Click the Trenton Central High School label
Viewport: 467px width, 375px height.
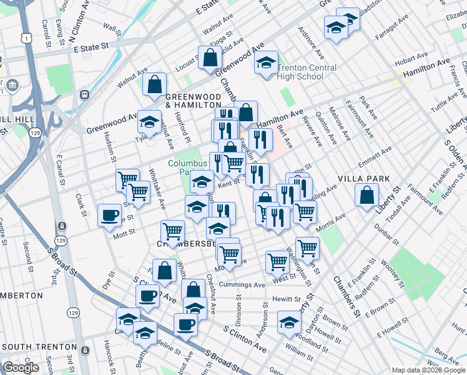coord(307,72)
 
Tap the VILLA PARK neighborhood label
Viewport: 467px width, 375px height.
coord(364,179)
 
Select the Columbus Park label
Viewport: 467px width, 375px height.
coord(186,169)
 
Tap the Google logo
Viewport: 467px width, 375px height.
coord(21,368)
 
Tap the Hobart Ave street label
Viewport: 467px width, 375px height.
coord(410,58)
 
